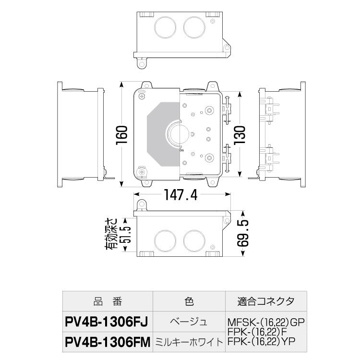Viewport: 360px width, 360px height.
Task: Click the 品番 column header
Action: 108,301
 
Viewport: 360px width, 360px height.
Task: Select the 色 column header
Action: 189,301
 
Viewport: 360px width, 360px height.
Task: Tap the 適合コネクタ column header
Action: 265,301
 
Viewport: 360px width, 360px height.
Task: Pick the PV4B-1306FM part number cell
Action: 108,342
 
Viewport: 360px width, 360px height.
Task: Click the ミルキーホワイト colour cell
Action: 189,342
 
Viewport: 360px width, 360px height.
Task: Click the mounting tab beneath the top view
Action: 142,63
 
